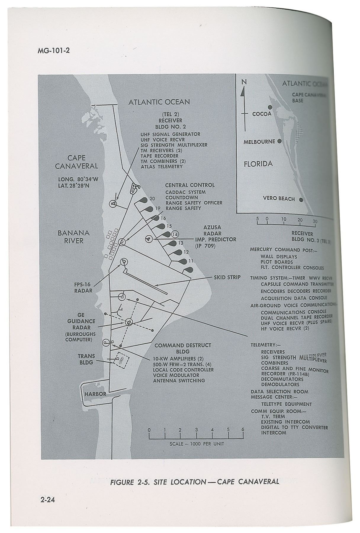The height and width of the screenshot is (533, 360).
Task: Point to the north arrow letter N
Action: (244, 82)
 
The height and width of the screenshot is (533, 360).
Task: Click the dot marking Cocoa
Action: (270, 107)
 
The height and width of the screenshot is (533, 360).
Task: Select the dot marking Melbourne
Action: (279, 141)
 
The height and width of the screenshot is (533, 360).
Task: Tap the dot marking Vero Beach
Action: (301, 199)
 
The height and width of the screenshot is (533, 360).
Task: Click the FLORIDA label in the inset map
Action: (258, 164)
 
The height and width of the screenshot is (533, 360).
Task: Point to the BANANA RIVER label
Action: (73, 237)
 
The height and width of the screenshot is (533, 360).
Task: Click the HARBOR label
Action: (95, 394)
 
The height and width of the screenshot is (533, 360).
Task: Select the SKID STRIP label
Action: (227, 277)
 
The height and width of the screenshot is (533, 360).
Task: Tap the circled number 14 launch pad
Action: (175, 234)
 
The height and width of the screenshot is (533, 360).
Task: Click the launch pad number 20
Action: (152, 198)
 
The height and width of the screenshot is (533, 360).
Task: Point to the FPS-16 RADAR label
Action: (83, 287)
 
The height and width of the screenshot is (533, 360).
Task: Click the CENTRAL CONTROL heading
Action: (190, 185)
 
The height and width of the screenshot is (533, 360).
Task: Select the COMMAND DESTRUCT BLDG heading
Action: (183, 348)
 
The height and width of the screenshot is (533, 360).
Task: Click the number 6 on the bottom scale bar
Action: (242, 430)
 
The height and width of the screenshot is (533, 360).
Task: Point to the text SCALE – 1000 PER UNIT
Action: (197, 444)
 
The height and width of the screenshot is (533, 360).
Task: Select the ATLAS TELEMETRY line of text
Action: (162, 166)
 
